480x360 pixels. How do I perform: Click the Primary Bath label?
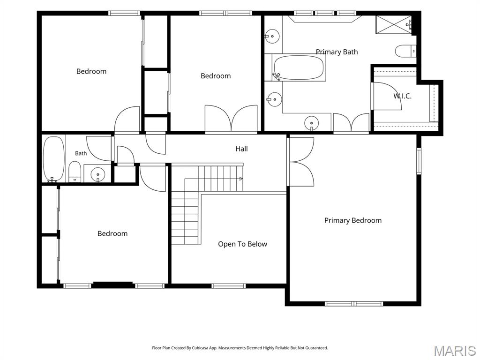[337, 52]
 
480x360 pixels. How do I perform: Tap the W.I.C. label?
[402, 96]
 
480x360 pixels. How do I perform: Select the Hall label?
[241, 149]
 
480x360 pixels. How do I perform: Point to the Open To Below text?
[242, 244]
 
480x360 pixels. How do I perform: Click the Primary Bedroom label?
[353, 220]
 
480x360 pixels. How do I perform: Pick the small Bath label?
[81, 153]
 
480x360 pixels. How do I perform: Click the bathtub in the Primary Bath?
[299, 67]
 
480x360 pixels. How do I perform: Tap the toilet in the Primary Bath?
[405, 51]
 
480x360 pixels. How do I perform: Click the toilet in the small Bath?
[75, 172]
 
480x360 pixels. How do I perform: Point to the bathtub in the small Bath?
[53, 159]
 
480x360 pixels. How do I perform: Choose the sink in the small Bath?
[98, 174]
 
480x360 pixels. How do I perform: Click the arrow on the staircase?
[240, 179]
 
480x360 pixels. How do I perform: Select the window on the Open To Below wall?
[228, 286]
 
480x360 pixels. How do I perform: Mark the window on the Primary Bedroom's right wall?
[419, 161]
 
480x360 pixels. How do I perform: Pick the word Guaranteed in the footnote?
[316, 348]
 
